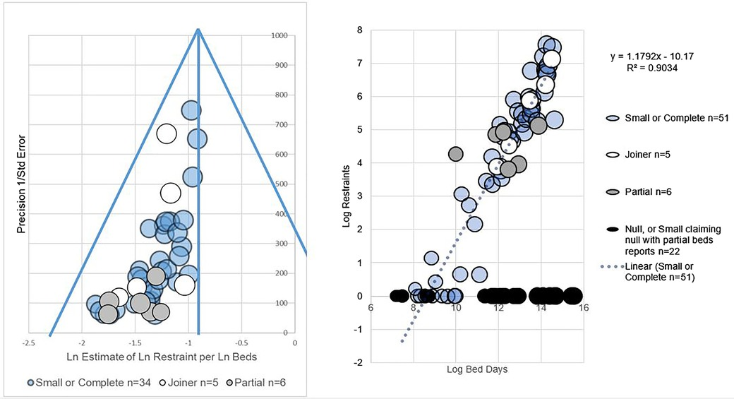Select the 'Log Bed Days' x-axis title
(x=478, y=369)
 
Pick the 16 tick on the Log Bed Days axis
(x=583, y=307)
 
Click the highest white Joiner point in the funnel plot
(x=167, y=133)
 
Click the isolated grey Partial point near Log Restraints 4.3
(x=455, y=154)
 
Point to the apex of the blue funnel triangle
(x=198, y=30)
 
